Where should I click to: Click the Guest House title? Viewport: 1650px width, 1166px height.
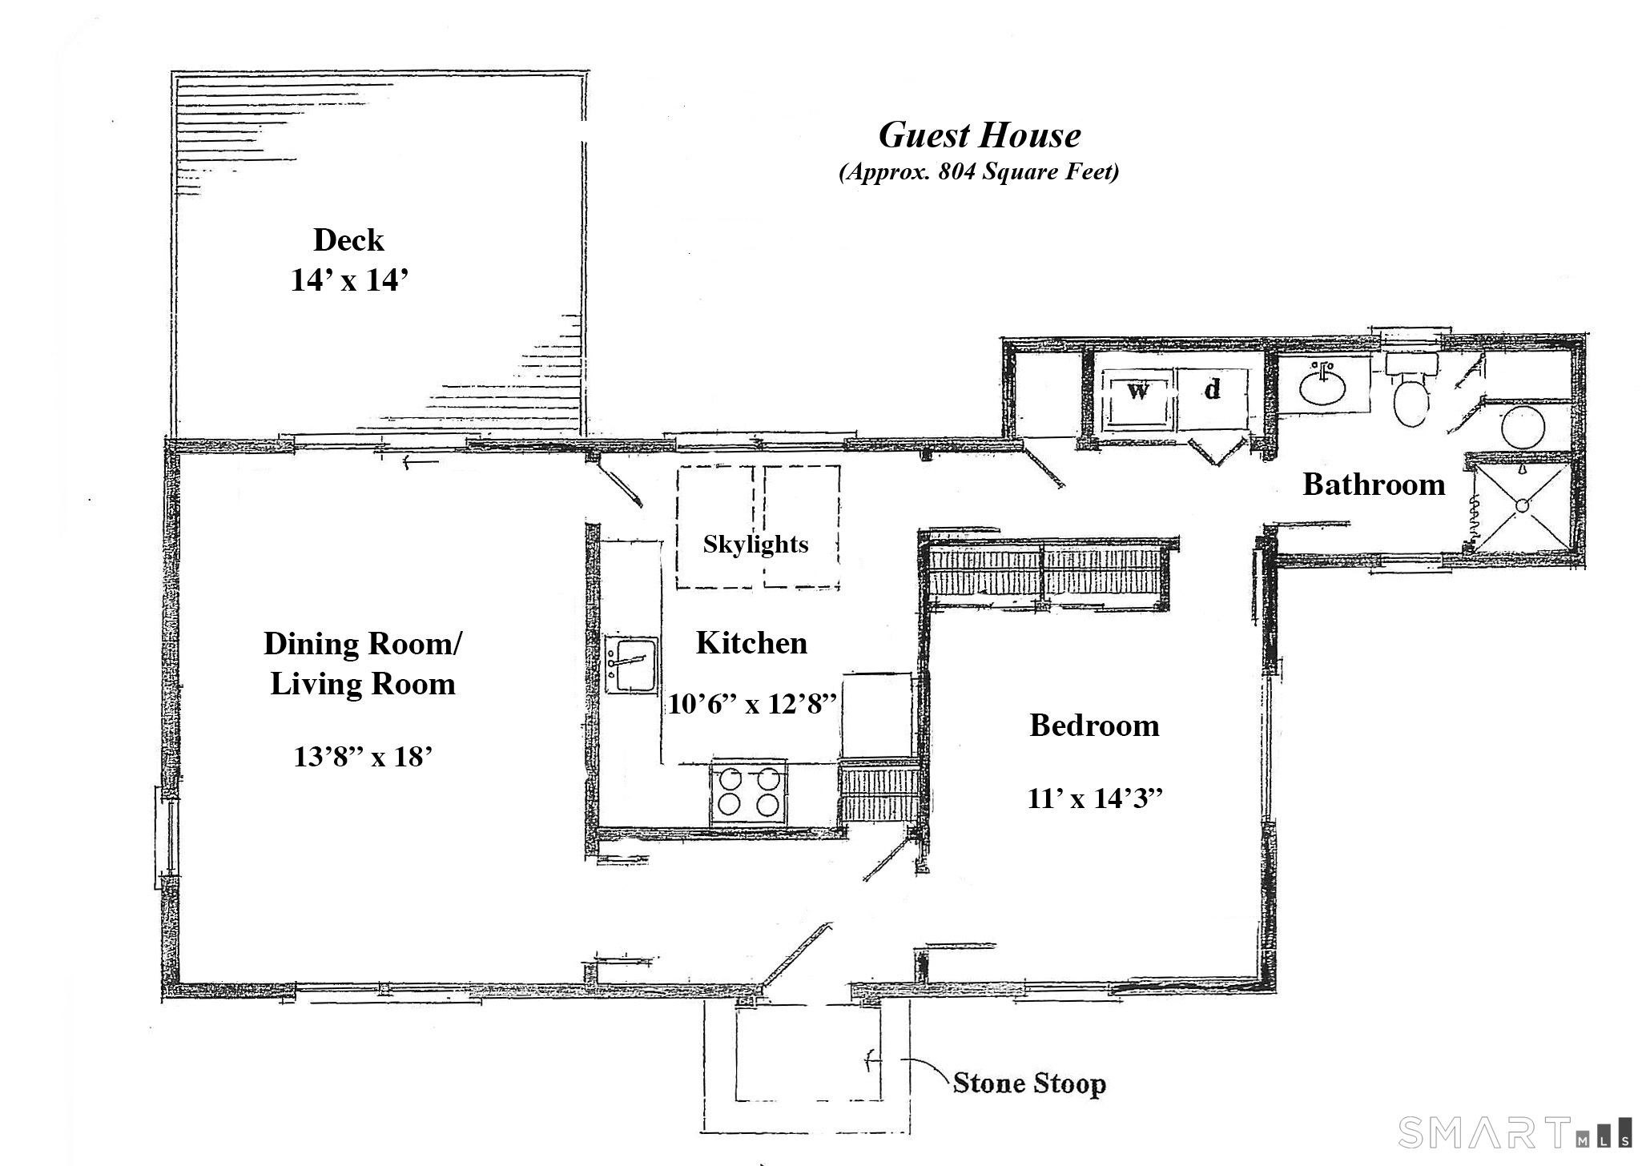pos(980,135)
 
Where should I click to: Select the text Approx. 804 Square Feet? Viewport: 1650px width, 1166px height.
pos(979,172)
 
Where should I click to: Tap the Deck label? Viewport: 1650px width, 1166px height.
pos(348,239)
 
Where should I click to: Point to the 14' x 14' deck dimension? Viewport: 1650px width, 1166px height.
pos(350,280)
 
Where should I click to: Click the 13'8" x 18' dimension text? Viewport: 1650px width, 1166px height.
pos(363,756)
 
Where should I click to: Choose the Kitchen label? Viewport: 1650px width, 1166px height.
pos(751,642)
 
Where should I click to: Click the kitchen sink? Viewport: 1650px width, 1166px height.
pos(631,665)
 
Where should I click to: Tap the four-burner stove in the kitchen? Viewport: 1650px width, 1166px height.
pos(748,792)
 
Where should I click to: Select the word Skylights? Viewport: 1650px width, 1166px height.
pos(755,545)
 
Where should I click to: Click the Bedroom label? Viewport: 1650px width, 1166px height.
pos(1094,726)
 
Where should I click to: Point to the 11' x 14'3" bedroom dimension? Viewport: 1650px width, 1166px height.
pos(1094,798)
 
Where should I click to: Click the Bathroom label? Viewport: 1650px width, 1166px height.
pos(1374,484)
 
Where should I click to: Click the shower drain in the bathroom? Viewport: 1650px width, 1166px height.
pos(1519,505)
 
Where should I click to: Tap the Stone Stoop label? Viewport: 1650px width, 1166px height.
pos(1029,1084)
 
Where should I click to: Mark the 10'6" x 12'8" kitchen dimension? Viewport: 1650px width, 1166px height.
pos(752,704)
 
